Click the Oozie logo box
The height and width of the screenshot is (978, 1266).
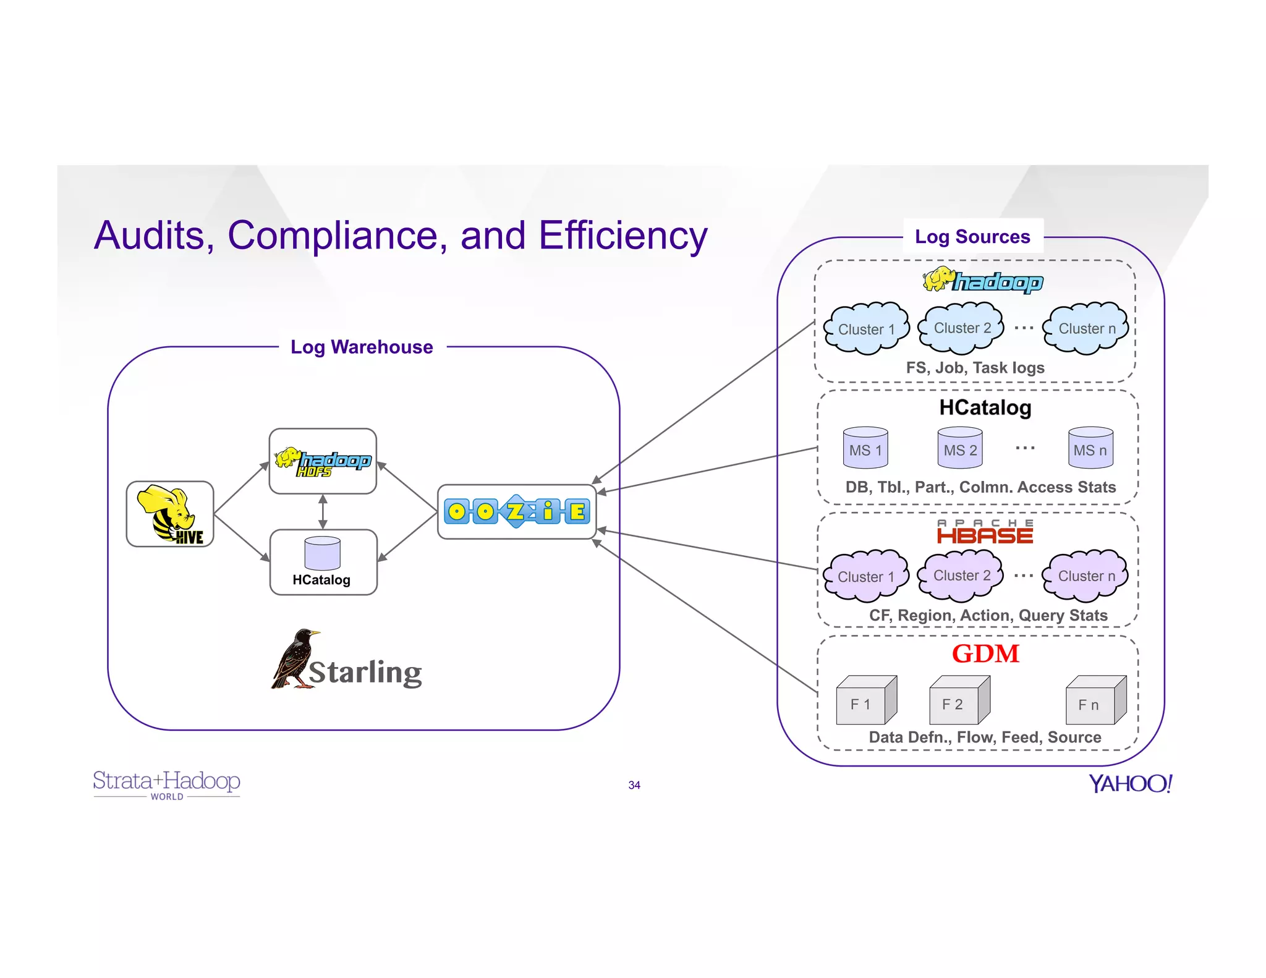pyautogui.click(x=517, y=511)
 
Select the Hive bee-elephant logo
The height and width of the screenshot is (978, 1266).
pyautogui.click(x=170, y=514)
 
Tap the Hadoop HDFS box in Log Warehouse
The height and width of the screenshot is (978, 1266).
pyautogui.click(x=323, y=461)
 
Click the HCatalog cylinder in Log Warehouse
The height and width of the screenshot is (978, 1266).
pyautogui.click(x=322, y=553)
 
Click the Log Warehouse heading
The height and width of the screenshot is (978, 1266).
pyautogui.click(x=362, y=347)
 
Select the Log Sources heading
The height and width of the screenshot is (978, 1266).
pyautogui.click(x=972, y=237)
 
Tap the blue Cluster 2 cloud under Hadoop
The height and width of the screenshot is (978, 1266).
pyautogui.click(x=962, y=328)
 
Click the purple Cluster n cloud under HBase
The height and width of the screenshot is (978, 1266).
pyautogui.click(x=1086, y=576)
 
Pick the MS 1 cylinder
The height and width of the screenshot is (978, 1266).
pyautogui.click(x=865, y=448)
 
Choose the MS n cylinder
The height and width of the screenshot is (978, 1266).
pyautogui.click(x=1090, y=448)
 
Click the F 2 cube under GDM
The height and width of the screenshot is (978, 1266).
pyautogui.click(x=959, y=701)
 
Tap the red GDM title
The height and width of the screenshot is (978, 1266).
pyautogui.click(x=985, y=653)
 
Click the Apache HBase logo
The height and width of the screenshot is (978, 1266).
pyautogui.click(x=985, y=532)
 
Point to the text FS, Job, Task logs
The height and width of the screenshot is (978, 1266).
pyautogui.click(x=975, y=368)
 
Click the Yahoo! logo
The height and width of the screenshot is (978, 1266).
pyautogui.click(x=1130, y=783)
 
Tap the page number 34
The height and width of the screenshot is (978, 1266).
pyautogui.click(x=634, y=785)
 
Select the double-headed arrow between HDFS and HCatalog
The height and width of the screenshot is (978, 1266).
pyautogui.click(x=323, y=511)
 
